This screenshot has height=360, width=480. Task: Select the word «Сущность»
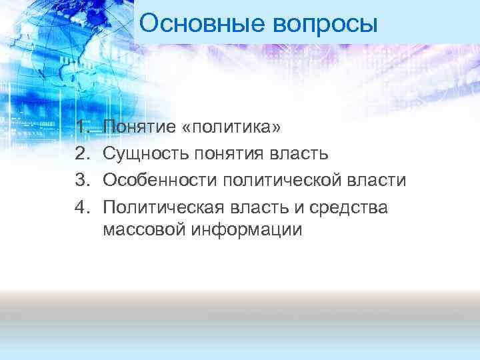(147, 154)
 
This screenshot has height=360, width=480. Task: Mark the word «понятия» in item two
(230, 155)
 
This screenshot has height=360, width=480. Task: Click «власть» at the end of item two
(299, 154)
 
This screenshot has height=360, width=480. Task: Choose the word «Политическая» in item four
(165, 207)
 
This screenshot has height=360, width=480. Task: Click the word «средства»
(357, 208)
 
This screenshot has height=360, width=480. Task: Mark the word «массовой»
(145, 230)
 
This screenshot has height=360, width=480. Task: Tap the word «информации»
(247, 231)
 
